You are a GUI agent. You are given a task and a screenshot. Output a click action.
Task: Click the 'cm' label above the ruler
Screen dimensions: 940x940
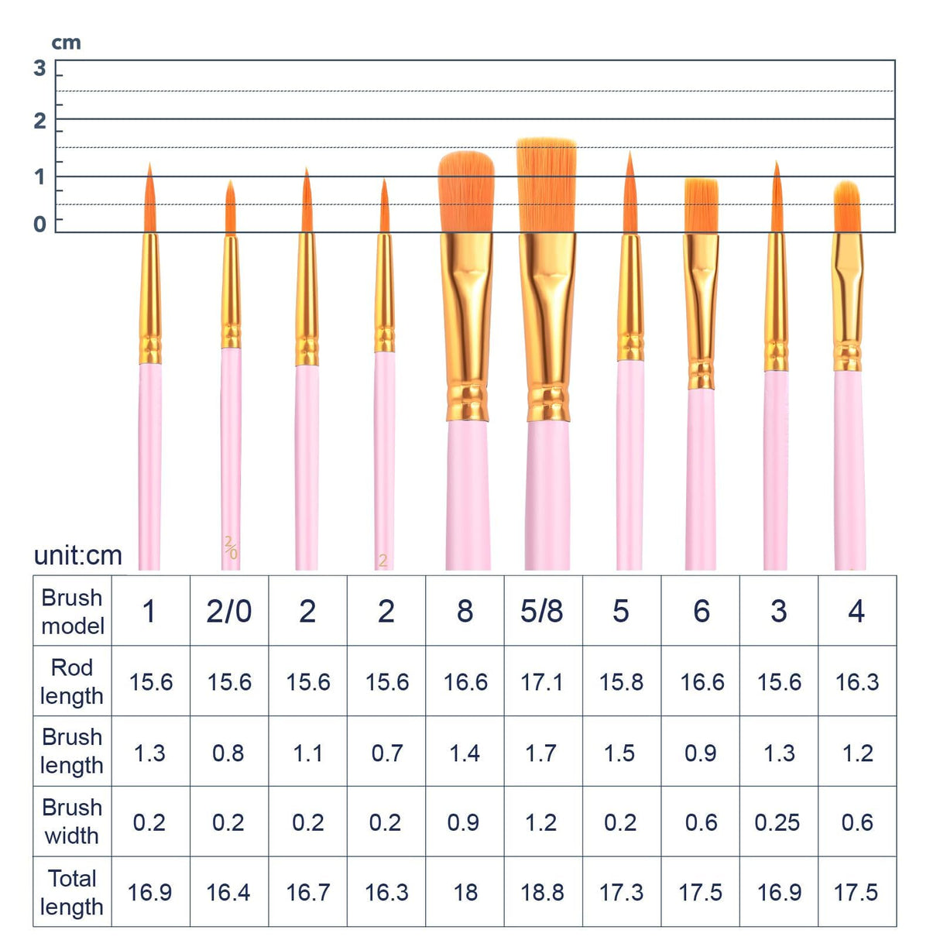pos(66,43)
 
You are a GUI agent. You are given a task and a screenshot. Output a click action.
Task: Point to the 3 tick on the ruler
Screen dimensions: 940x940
pos(40,68)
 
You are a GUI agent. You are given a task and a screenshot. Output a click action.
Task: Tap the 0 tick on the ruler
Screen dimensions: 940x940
pos(40,224)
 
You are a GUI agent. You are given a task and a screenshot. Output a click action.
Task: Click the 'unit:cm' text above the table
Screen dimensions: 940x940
pos(77,555)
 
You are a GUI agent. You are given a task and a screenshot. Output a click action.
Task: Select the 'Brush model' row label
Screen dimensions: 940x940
pos(72,611)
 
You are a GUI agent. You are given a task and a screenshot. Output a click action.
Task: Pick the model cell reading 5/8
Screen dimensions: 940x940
pos(542,611)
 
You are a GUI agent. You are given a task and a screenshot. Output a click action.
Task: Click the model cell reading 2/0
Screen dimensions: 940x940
pos(228,611)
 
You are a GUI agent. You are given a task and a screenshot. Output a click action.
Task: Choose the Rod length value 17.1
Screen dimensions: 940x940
pos(542,682)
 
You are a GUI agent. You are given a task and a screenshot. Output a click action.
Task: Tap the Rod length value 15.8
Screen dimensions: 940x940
pos(621,682)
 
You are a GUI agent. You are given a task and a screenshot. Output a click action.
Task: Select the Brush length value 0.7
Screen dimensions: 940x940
pos(386,753)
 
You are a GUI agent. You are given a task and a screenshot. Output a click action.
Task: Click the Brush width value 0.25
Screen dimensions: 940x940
pos(777,822)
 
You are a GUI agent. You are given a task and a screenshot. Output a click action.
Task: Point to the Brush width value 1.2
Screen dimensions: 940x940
pos(541,822)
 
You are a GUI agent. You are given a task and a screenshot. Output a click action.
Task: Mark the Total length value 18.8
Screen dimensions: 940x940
pos(542,892)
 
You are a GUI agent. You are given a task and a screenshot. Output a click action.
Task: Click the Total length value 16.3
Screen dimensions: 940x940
pos(386,892)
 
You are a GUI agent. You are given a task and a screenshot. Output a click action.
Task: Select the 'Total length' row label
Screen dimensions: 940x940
pos(72,892)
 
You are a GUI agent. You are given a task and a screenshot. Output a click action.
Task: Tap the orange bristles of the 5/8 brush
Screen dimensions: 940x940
pos(547,186)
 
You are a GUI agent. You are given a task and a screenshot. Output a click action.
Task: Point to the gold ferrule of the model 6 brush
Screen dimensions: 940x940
pos(702,310)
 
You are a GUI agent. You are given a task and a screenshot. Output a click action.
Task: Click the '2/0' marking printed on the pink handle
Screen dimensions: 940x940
pos(230,547)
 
